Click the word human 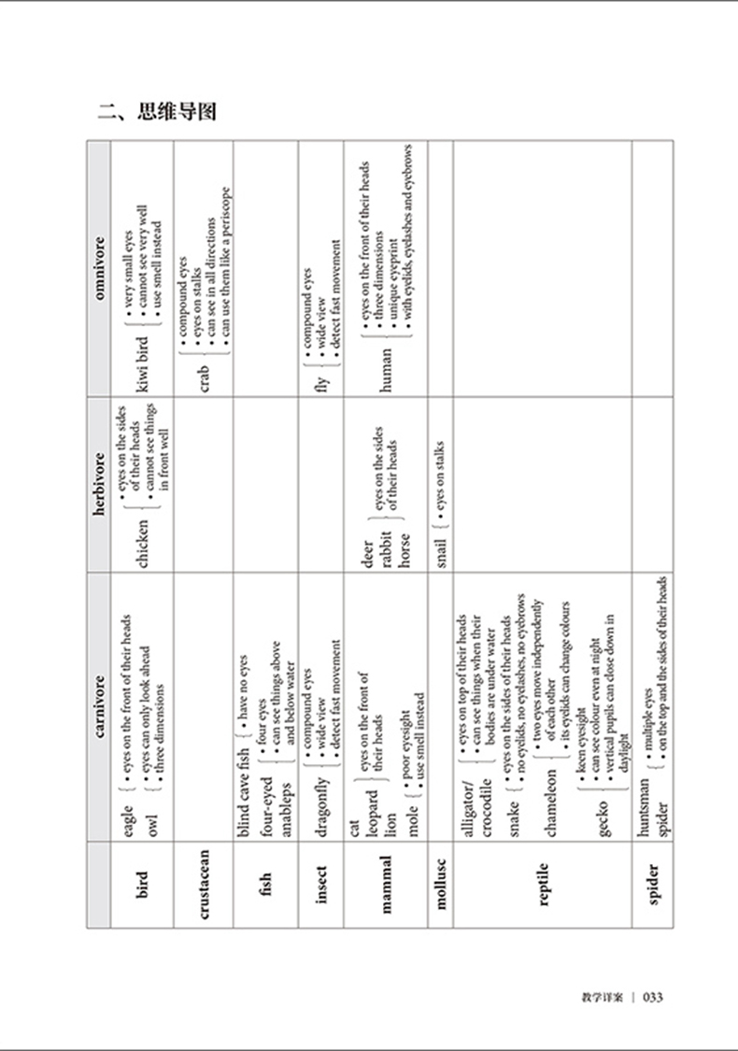[x=385, y=366]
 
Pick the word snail [x=440, y=551]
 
